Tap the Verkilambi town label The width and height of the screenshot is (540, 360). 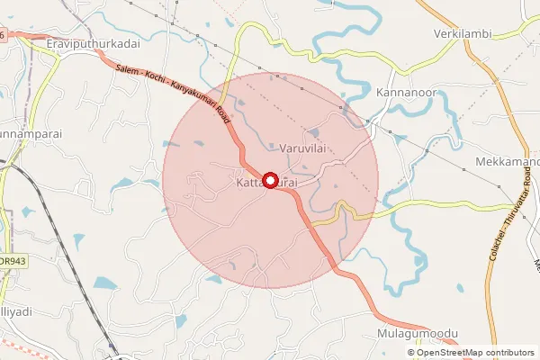tap(461, 34)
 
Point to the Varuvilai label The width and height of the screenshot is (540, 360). tap(301, 147)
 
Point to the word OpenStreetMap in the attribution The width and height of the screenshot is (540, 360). tap(452, 352)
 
